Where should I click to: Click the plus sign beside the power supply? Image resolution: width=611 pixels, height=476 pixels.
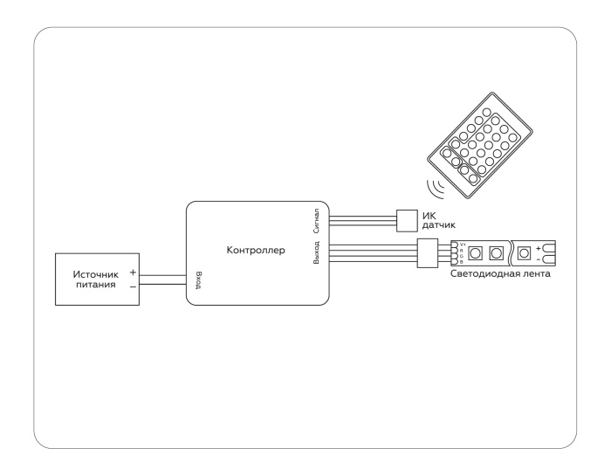(x=133, y=273)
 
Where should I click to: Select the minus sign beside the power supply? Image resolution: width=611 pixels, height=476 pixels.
(x=133, y=286)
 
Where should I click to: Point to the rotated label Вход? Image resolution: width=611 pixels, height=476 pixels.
(x=199, y=279)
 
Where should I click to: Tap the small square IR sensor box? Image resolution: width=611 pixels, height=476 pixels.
(x=407, y=219)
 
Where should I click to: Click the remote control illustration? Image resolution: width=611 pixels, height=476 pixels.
(x=477, y=145)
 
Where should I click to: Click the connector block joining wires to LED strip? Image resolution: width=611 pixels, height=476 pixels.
(x=428, y=253)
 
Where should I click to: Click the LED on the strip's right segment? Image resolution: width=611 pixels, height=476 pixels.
(x=525, y=253)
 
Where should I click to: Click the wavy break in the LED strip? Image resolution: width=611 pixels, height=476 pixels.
(x=510, y=253)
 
